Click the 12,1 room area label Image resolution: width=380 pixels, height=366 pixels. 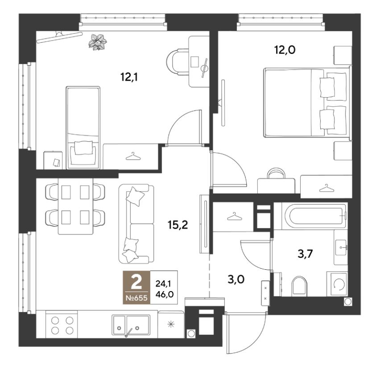[x=129, y=78]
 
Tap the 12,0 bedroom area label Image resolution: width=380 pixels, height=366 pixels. [x=285, y=50]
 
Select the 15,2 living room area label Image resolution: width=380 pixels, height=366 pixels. [x=178, y=225]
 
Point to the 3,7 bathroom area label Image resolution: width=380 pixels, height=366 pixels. [x=305, y=254]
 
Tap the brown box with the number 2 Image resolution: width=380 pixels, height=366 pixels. [x=136, y=287]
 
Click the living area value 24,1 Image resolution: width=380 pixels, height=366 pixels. [x=164, y=283]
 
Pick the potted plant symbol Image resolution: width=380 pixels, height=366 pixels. [x=97, y=42]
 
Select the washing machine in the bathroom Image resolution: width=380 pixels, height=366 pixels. [x=337, y=284]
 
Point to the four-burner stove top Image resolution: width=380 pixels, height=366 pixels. [x=62, y=325]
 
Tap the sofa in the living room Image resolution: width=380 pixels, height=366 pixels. [x=136, y=224]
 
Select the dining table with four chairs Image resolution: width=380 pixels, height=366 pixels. [x=76, y=206]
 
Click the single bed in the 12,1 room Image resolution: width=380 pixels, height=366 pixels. [x=83, y=127]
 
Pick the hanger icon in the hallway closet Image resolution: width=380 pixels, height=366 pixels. [x=234, y=216]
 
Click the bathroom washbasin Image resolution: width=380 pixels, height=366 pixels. [x=341, y=247]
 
